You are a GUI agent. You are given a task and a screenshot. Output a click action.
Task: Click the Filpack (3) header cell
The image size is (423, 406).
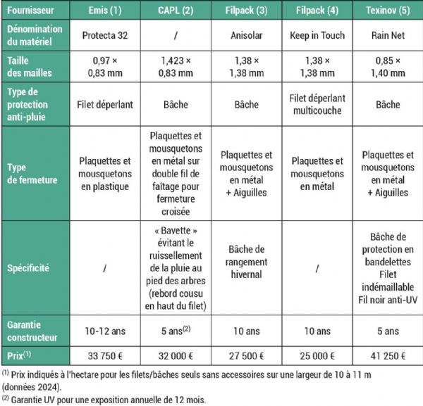250,11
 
